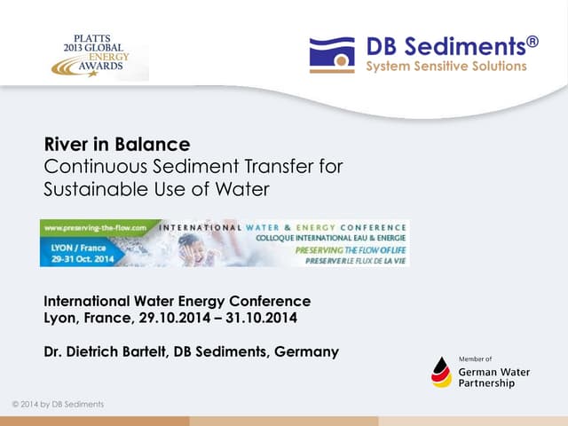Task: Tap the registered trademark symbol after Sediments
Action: pyautogui.click(x=532, y=41)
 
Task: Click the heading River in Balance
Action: pyautogui.click(x=117, y=144)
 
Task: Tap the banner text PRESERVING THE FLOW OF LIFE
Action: pyautogui.click(x=347, y=250)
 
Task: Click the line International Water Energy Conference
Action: pyautogui.click(x=177, y=301)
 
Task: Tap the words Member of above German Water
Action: pyautogui.click(x=476, y=359)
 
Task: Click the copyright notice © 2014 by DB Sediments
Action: pyautogui.click(x=58, y=405)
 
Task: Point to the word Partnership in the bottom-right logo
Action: pyautogui.click(x=486, y=383)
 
